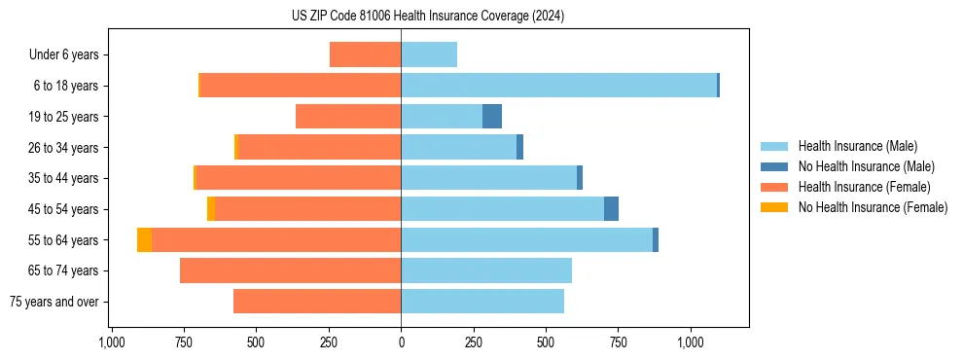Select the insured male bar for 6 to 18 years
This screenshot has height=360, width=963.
558,86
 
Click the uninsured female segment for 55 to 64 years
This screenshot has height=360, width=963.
144,240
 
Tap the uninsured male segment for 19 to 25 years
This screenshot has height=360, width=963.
492,117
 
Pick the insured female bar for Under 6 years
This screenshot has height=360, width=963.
365,54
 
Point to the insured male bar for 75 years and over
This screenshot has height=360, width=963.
482,302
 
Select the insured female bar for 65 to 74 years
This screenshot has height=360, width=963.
290,270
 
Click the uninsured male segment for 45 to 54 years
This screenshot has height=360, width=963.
611,209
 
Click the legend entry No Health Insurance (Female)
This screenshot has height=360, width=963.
873,207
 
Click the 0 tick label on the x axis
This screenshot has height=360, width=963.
401,342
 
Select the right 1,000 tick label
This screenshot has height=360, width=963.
691,342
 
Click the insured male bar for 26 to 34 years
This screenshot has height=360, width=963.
458,147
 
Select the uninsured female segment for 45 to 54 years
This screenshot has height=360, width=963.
211,209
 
